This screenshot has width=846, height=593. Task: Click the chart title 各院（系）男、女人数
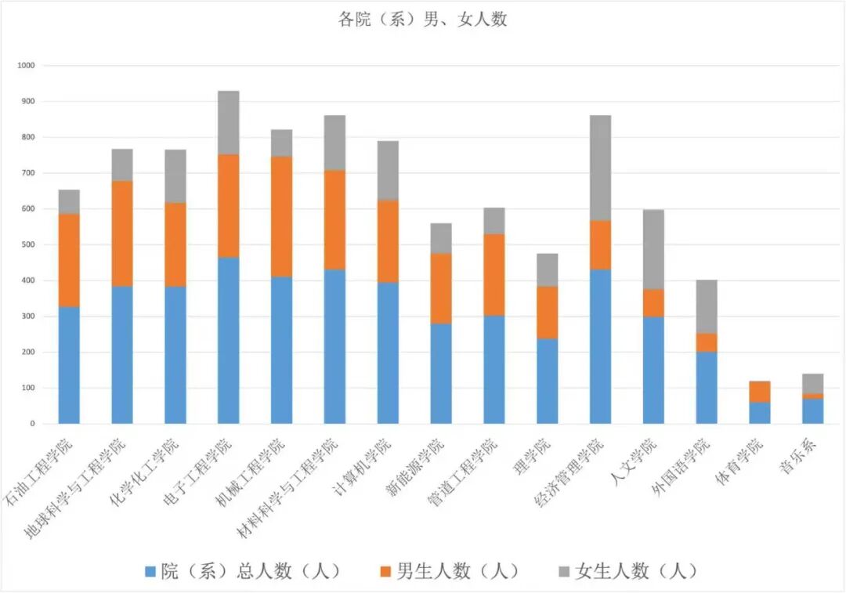422,20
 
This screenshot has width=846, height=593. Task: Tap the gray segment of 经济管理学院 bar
600,168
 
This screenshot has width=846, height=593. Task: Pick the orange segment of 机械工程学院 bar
281,216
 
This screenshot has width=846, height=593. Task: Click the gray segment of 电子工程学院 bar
228,122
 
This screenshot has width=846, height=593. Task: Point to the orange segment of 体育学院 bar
759,392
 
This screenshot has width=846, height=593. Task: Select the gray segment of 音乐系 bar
812,383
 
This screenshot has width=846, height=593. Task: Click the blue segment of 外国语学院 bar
706,387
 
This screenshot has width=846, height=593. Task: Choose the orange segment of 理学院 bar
547,312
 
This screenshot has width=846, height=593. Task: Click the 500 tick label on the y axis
28,245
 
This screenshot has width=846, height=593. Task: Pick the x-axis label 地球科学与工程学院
74,487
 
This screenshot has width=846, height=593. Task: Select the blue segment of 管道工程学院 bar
493,370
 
